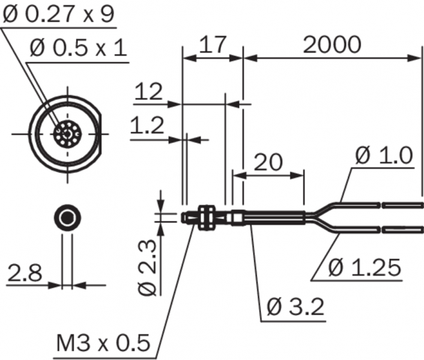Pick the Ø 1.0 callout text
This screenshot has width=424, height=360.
(384, 155)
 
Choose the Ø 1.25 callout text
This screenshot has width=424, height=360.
(365, 268)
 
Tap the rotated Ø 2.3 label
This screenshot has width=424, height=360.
(147, 267)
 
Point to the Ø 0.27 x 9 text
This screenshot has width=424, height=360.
(58, 15)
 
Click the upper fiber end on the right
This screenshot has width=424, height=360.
(402, 205)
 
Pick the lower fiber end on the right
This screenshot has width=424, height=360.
(402, 227)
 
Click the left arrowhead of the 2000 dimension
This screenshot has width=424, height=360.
(247, 58)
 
